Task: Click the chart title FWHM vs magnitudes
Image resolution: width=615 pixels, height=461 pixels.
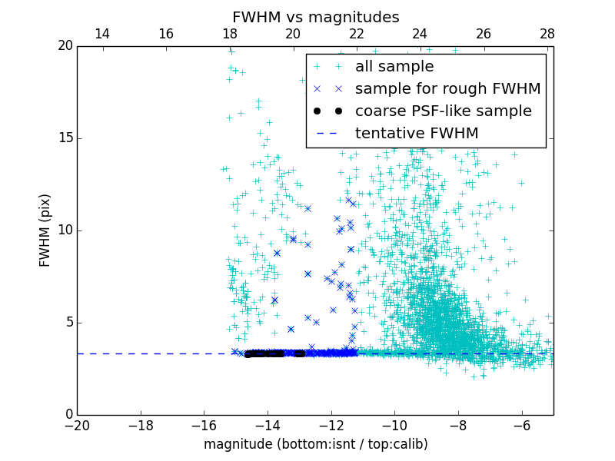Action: pos(315,17)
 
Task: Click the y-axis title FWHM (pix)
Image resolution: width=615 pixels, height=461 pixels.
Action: pos(45,230)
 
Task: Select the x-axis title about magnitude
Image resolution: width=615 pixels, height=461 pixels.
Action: pos(315,444)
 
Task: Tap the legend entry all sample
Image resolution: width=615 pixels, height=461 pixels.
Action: pos(394,67)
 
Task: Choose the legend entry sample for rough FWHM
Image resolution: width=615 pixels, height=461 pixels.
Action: pos(447,89)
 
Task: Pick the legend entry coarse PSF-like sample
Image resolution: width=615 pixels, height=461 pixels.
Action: pos(443,111)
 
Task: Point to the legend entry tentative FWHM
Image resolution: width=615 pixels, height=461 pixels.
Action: pos(417,134)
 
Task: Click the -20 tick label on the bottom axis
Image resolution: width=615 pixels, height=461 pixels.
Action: pos(77,425)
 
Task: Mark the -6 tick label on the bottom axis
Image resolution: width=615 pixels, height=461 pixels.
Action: pos(521,425)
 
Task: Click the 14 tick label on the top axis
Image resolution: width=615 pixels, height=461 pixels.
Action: pos(102,34)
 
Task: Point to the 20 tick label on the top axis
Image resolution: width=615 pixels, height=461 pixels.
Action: pos(293,34)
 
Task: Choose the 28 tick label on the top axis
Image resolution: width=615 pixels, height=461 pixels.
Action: pos(547,34)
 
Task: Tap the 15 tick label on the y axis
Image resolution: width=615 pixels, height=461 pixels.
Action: pos(63,138)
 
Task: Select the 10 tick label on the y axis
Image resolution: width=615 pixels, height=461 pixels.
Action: pos(63,230)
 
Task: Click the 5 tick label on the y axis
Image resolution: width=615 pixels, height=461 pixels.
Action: pos(67,323)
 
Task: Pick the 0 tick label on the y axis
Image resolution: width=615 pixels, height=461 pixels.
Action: pos(67,415)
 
